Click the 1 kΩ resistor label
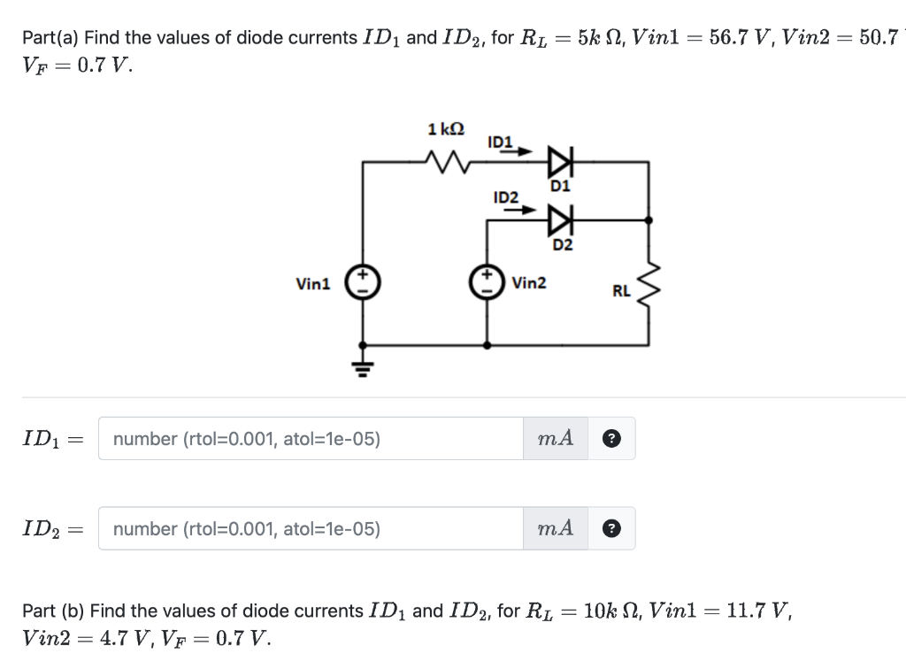(445, 129)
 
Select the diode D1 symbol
(560, 162)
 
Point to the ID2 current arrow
(526, 210)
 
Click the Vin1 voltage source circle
(361, 282)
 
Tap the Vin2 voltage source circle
(487, 282)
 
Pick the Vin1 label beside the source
(313, 284)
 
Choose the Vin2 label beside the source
(528, 283)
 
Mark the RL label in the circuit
(621, 289)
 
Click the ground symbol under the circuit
(361, 366)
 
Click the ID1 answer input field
(310, 439)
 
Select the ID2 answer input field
(310, 529)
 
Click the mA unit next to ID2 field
(556, 529)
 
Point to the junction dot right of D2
(649, 219)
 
